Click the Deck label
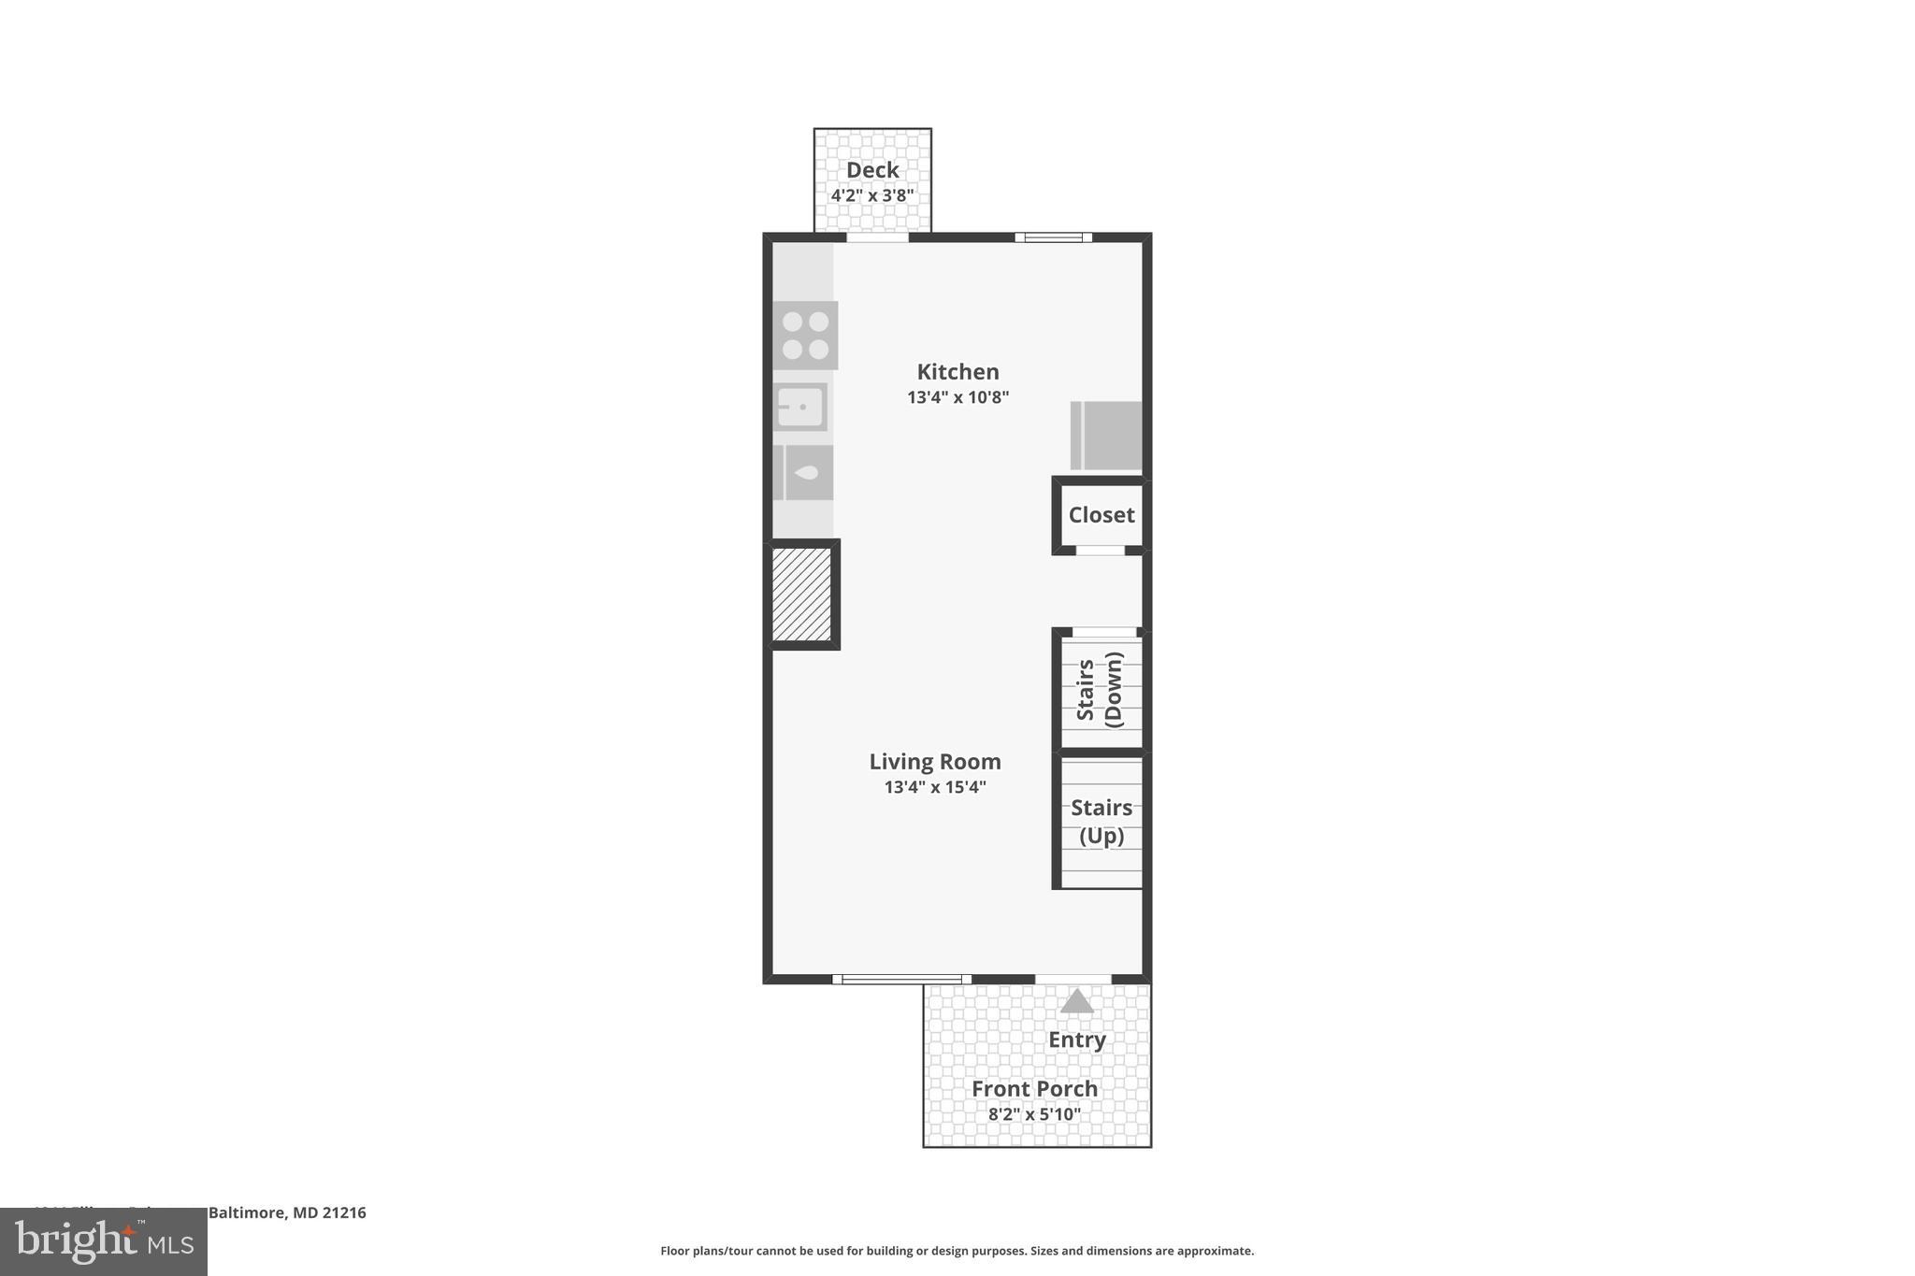coord(871,170)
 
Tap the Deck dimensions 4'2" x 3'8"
coord(871,195)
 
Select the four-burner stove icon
coord(805,335)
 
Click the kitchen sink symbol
coord(801,407)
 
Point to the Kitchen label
coord(957,372)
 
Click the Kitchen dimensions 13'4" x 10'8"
coord(957,397)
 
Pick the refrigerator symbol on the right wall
coord(1106,436)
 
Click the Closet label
coord(1101,515)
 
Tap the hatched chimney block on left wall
coord(802,595)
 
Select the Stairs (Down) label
coord(1100,689)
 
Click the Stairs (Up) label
coord(1101,821)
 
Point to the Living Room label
coord(935,762)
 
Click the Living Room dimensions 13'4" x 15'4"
coord(935,787)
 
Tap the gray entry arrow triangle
coord(1076,1001)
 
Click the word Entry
coord(1076,1039)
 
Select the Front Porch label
coord(1034,1089)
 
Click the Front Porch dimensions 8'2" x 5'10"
coord(1034,1114)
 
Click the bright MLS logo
coord(103,1241)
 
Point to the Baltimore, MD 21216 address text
coord(286,1212)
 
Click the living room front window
coord(900,980)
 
